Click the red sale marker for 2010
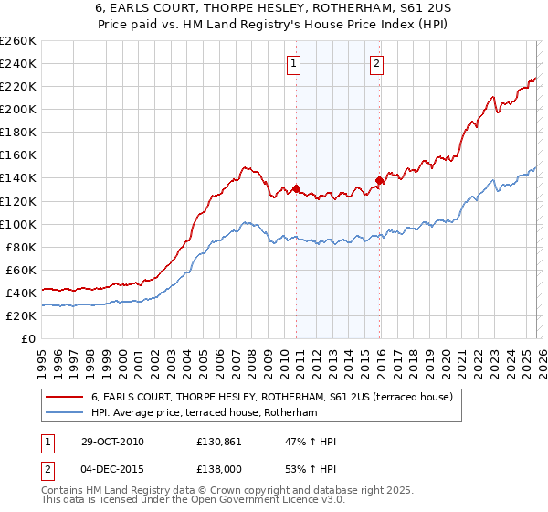click(297, 188)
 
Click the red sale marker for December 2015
click(379, 180)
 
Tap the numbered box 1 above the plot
click(294, 63)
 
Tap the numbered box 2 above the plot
click(376, 63)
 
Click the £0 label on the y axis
click(27, 338)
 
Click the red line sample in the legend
click(64, 396)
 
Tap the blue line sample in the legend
click(64, 411)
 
